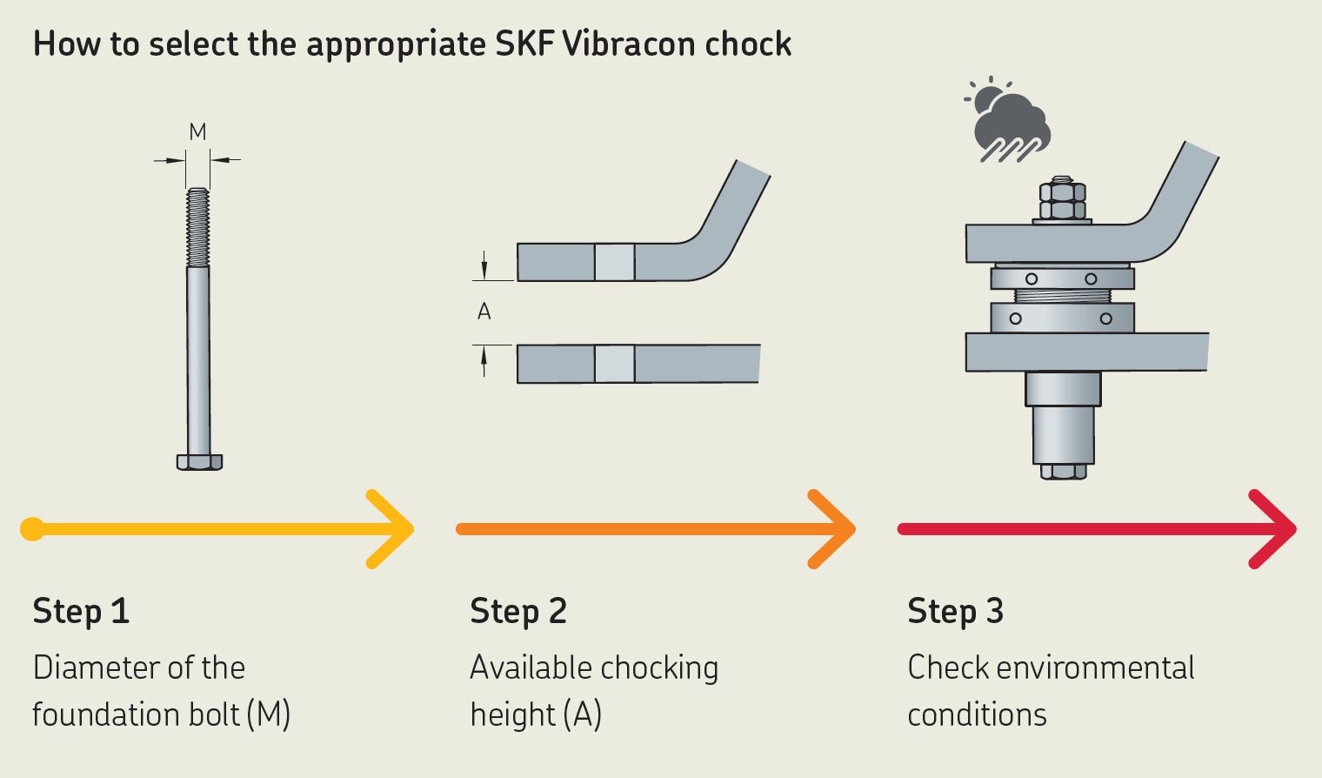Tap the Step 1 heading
[81, 611]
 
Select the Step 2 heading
[518, 611]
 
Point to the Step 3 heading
[955, 611]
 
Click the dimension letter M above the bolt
[198, 132]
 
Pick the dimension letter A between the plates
[484, 312]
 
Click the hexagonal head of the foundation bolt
[199, 461]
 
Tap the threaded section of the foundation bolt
[198, 228]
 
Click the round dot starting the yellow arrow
[32, 529]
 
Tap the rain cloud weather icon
[1009, 122]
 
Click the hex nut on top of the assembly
[1062, 199]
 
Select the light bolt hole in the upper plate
[615, 262]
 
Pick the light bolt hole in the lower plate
[615, 364]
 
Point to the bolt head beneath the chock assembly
[1063, 472]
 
